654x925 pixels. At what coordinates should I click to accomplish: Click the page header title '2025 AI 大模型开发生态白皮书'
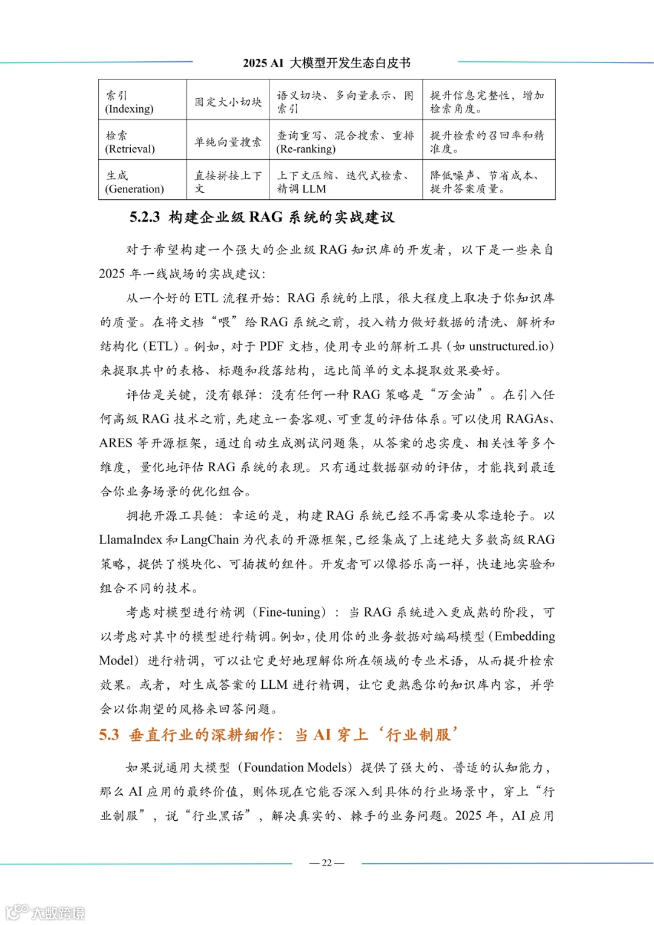point(326,63)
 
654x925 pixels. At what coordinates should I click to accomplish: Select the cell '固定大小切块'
point(228,102)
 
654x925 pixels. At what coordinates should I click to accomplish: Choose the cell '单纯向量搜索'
point(228,142)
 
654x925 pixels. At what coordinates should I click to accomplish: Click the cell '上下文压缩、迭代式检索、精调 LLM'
point(345,182)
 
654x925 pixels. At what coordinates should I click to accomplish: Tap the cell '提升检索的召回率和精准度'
point(487,142)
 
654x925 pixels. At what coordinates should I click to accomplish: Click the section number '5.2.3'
point(145,217)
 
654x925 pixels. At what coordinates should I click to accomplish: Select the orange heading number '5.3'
point(109,735)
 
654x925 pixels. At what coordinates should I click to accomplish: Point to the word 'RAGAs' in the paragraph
point(527,419)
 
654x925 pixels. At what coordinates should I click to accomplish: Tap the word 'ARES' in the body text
point(116,443)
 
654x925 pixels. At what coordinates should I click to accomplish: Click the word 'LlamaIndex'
point(131,540)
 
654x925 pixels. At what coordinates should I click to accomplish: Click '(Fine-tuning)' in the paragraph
point(292,612)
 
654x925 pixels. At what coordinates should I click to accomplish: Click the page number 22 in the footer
point(326,863)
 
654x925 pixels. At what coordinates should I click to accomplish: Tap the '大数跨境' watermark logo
point(45,912)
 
